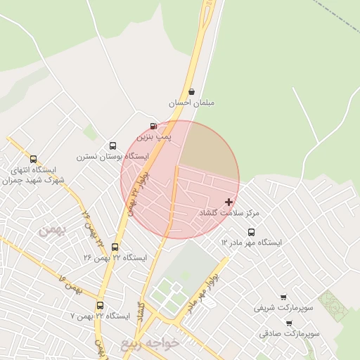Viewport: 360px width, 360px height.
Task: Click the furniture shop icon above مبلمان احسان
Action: tap(191, 92)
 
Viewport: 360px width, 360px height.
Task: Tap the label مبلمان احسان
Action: tap(191, 103)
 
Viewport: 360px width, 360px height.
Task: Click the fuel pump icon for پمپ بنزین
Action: tap(153, 126)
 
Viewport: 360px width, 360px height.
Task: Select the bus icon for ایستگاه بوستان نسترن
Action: tap(112, 146)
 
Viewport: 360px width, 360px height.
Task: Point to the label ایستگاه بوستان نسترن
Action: tap(113, 156)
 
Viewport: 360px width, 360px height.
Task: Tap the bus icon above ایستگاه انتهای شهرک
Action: tap(33, 160)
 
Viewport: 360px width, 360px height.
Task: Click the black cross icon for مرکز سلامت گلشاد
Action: tap(229, 202)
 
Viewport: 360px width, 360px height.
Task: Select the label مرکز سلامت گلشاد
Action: tap(229, 212)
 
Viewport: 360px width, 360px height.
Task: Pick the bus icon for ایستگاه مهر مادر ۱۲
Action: tap(251, 232)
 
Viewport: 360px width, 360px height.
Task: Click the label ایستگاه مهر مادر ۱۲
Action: tap(251, 243)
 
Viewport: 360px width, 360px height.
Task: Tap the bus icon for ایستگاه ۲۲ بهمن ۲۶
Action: tap(115, 247)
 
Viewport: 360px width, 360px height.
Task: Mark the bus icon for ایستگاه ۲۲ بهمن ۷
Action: tap(100, 306)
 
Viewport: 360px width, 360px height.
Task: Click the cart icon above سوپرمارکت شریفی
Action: tap(283, 297)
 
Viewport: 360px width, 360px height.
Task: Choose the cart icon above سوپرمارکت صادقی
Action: tap(289, 323)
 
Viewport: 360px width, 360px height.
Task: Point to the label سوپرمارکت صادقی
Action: tap(289, 333)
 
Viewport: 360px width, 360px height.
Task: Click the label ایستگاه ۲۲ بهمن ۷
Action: tap(101, 316)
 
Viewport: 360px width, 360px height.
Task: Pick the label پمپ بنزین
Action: tap(154, 136)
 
